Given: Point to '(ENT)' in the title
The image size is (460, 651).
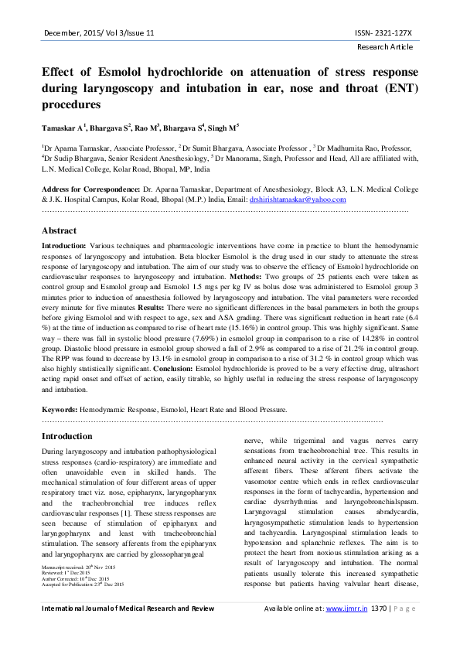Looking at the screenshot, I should pyautogui.click(x=400, y=87).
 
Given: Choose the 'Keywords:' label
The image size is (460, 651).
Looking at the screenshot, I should pyautogui.click(x=59, y=407).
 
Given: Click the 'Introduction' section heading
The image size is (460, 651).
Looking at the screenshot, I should pyautogui.click(x=66, y=437).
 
